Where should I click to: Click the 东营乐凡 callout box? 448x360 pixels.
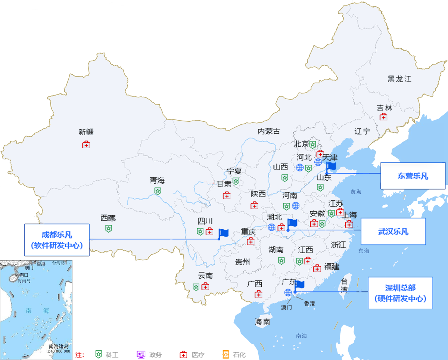[x=413, y=176]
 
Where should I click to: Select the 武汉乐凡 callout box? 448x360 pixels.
[x=393, y=232]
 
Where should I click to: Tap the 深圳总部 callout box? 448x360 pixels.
[x=400, y=293]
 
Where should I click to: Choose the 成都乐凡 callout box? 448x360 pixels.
[x=57, y=240]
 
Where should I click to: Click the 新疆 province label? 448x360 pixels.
[x=86, y=132]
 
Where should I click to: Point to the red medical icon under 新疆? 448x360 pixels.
[x=86, y=145]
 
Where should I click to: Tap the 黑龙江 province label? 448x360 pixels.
[x=399, y=79]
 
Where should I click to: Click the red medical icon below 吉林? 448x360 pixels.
[x=383, y=117]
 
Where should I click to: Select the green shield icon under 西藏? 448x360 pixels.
[x=108, y=228]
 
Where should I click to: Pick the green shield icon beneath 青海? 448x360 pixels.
[x=158, y=191]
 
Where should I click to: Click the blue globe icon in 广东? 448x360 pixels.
[x=288, y=292]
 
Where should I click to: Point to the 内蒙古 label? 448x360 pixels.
[x=268, y=131]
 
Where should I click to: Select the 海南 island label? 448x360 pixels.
[x=262, y=322]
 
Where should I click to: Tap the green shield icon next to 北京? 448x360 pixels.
[x=313, y=144]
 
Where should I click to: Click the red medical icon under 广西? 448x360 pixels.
[x=258, y=294]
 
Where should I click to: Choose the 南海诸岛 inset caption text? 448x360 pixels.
[x=59, y=346]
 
